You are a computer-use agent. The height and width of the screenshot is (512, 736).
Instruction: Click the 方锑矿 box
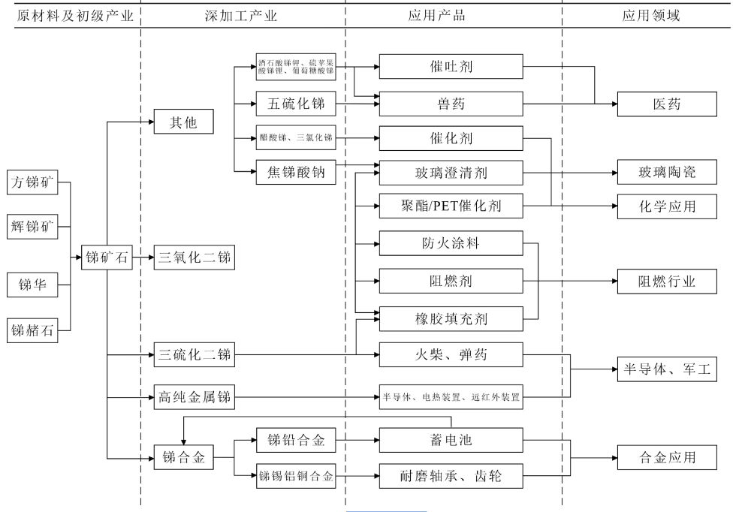(36, 182)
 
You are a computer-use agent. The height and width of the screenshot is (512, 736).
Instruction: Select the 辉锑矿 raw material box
(36, 224)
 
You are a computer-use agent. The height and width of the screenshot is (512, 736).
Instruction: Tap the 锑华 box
(36, 285)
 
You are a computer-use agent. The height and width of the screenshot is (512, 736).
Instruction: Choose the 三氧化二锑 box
(194, 258)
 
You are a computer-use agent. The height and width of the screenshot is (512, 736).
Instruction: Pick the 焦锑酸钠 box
(295, 172)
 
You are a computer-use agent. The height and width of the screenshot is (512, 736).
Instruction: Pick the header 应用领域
(650, 16)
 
